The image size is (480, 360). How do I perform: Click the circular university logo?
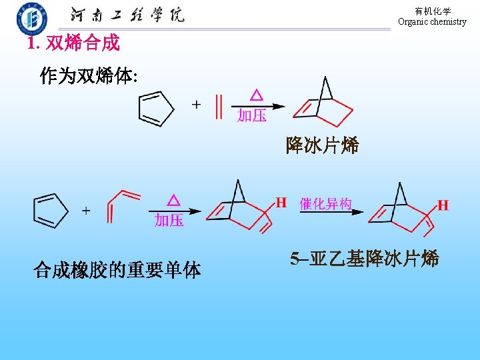[x=32, y=18]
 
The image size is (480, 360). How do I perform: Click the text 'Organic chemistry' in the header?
[x=432, y=22]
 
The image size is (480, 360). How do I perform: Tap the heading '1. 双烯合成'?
[x=73, y=44]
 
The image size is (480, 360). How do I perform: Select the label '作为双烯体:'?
[x=89, y=76]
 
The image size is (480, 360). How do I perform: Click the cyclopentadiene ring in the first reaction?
[x=155, y=108]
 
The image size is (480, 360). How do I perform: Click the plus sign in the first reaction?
[x=196, y=105]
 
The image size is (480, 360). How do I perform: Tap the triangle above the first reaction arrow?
[x=255, y=94]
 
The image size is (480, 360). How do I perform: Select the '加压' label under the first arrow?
[x=252, y=116]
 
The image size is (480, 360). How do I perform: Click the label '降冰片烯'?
[x=322, y=145]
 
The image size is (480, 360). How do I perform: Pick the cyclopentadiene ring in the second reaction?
[x=51, y=209]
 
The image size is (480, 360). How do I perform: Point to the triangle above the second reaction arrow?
[x=173, y=200]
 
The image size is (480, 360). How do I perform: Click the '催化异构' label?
[x=326, y=204]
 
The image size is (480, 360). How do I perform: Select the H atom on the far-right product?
[x=443, y=205]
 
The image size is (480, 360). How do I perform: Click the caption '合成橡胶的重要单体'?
[x=117, y=270]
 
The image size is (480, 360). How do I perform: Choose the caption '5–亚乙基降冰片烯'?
[x=365, y=259]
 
